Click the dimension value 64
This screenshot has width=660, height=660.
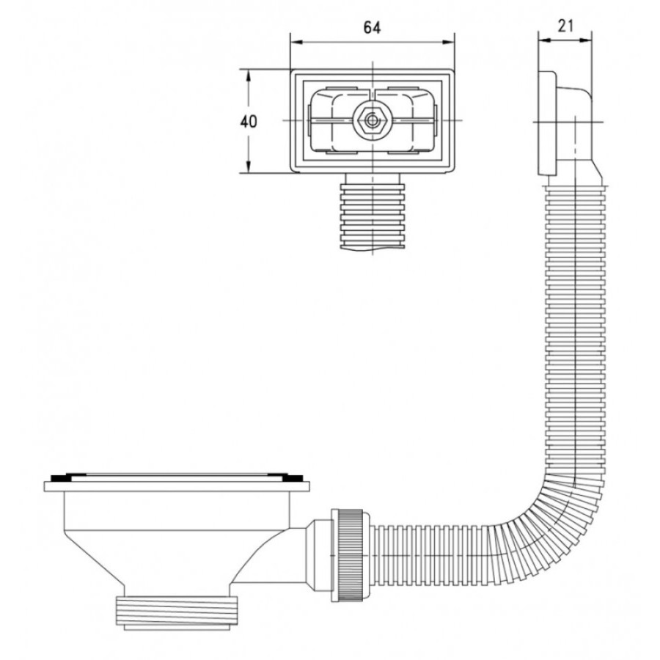tap(372, 28)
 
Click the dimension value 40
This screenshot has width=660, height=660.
tap(249, 122)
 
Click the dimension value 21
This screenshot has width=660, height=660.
tap(565, 26)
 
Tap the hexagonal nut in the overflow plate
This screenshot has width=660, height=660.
tap(372, 121)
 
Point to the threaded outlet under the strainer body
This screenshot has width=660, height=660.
tap(176, 612)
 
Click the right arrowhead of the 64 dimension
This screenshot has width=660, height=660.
tap(448, 42)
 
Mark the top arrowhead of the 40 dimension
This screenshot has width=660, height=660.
tap(249, 76)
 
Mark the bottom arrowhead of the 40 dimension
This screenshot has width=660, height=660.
tap(249, 166)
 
